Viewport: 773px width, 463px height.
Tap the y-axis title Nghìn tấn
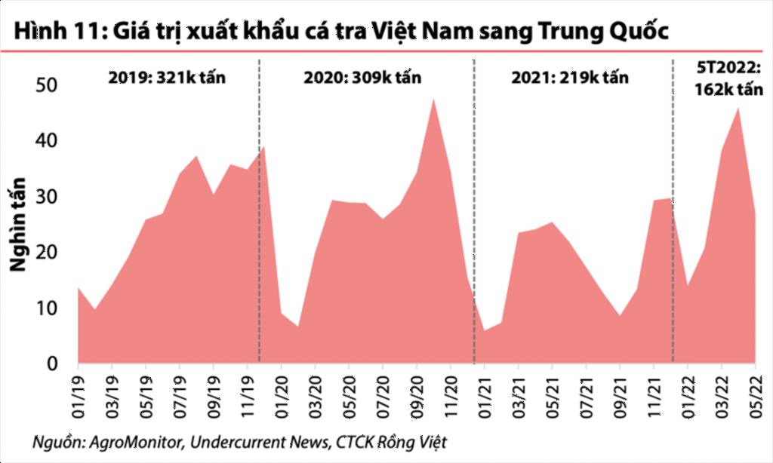18,224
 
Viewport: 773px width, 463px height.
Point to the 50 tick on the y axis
48,86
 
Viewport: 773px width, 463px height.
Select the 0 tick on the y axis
53,364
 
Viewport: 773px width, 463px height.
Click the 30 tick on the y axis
48,197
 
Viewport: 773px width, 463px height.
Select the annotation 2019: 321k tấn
167,78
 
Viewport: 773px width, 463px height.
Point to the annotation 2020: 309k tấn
362,78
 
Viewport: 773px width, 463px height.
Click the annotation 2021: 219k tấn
569,78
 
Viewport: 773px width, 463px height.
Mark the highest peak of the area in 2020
433,99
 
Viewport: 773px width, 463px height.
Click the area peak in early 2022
738,109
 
